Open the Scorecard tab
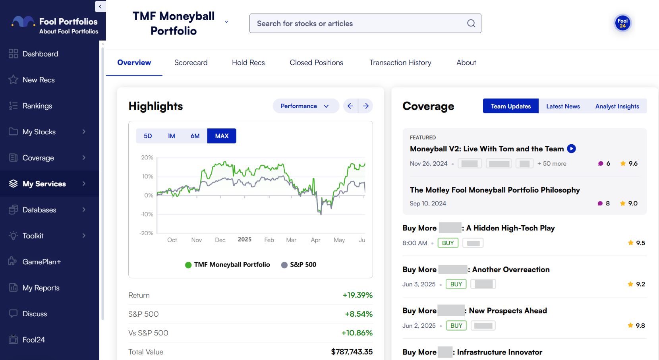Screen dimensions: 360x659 191,63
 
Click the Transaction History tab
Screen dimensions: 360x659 400,63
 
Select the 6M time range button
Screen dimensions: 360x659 195,136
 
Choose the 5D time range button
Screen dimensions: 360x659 148,136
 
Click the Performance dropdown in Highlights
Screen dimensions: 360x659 305,106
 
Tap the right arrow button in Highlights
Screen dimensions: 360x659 366,106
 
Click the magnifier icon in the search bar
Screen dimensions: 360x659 471,23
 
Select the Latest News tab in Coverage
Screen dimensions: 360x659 563,106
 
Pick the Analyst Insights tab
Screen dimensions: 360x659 617,106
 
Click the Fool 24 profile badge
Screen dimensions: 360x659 622,23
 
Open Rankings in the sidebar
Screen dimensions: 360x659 37,106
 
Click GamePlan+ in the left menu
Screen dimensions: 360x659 42,262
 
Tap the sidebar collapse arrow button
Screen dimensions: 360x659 100,6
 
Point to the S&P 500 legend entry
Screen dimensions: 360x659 299,265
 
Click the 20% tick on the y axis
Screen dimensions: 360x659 147,158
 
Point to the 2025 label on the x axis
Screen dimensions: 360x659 245,240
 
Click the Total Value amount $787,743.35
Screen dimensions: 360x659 352,352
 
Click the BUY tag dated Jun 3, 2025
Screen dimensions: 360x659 456,284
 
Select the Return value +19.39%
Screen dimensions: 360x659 358,295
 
